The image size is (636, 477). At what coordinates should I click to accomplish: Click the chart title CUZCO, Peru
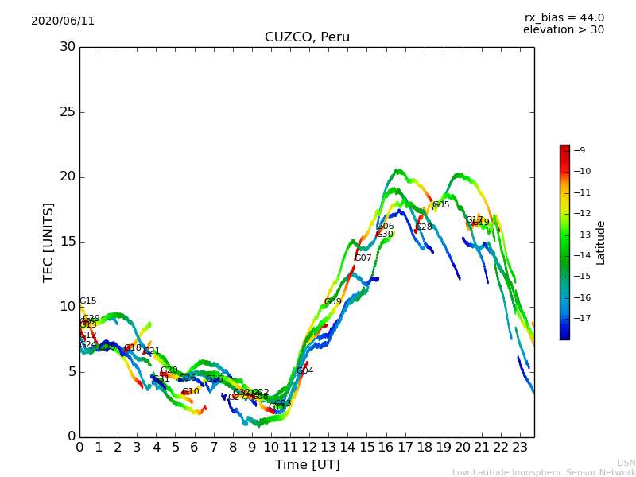pyautogui.click(x=307, y=37)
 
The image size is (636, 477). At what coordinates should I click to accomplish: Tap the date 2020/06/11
pyautogui.click(x=63, y=21)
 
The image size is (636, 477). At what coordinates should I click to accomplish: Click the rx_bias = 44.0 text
pyautogui.click(x=564, y=18)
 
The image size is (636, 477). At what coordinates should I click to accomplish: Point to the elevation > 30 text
pyautogui.click(x=563, y=30)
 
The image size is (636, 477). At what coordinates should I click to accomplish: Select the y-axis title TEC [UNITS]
pyautogui.click(x=48, y=242)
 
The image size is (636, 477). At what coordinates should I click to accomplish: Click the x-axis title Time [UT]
pyautogui.click(x=307, y=465)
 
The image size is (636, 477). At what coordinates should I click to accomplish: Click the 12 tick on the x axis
pyautogui.click(x=309, y=447)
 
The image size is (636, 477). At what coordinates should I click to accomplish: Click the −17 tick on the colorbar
pyautogui.click(x=580, y=319)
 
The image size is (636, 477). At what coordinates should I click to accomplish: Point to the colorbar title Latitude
pyautogui.click(x=601, y=242)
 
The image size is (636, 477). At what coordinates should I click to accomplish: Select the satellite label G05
pyautogui.click(x=441, y=205)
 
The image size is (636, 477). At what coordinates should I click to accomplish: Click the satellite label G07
pyautogui.click(x=363, y=258)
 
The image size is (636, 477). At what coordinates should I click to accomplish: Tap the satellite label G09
pyautogui.click(x=333, y=302)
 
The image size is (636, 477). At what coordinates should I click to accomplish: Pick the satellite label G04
pyautogui.click(x=305, y=371)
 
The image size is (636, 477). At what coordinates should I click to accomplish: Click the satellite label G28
pyautogui.click(x=424, y=227)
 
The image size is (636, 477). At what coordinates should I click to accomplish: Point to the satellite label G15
pyautogui.click(x=88, y=301)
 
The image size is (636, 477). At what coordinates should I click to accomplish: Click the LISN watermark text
pyautogui.click(x=626, y=463)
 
